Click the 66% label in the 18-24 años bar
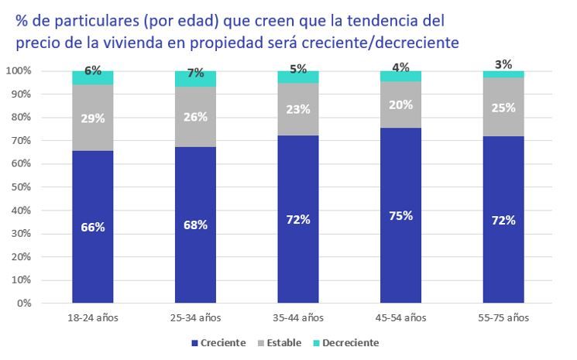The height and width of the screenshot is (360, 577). click(92, 228)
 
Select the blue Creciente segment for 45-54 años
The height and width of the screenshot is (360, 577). click(400, 255)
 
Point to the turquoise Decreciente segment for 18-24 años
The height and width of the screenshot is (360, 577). click(92, 78)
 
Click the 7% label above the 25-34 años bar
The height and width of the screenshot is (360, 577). click(195, 74)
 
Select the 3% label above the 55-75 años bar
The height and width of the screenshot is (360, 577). click(503, 64)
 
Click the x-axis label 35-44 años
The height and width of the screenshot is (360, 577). click(297, 317)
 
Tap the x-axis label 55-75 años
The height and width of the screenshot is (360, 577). click(503, 317)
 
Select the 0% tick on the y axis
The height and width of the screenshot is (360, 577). click(22, 303)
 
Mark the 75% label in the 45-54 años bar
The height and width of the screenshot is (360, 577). click(400, 216)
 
